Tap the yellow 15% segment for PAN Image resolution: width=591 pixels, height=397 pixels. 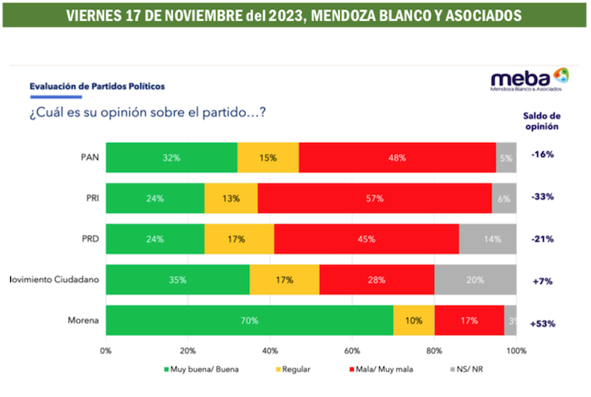(x=268, y=158)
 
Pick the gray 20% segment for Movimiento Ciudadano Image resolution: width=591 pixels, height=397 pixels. (x=475, y=280)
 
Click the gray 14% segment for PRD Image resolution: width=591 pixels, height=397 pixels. (x=488, y=239)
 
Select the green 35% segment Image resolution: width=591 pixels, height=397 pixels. (x=177, y=280)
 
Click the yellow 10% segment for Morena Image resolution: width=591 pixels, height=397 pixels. (x=414, y=321)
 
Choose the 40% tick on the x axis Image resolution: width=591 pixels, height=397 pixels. (x=270, y=350)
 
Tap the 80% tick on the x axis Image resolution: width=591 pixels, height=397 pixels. (x=434, y=350)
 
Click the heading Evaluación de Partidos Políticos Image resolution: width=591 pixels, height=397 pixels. (x=97, y=87)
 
